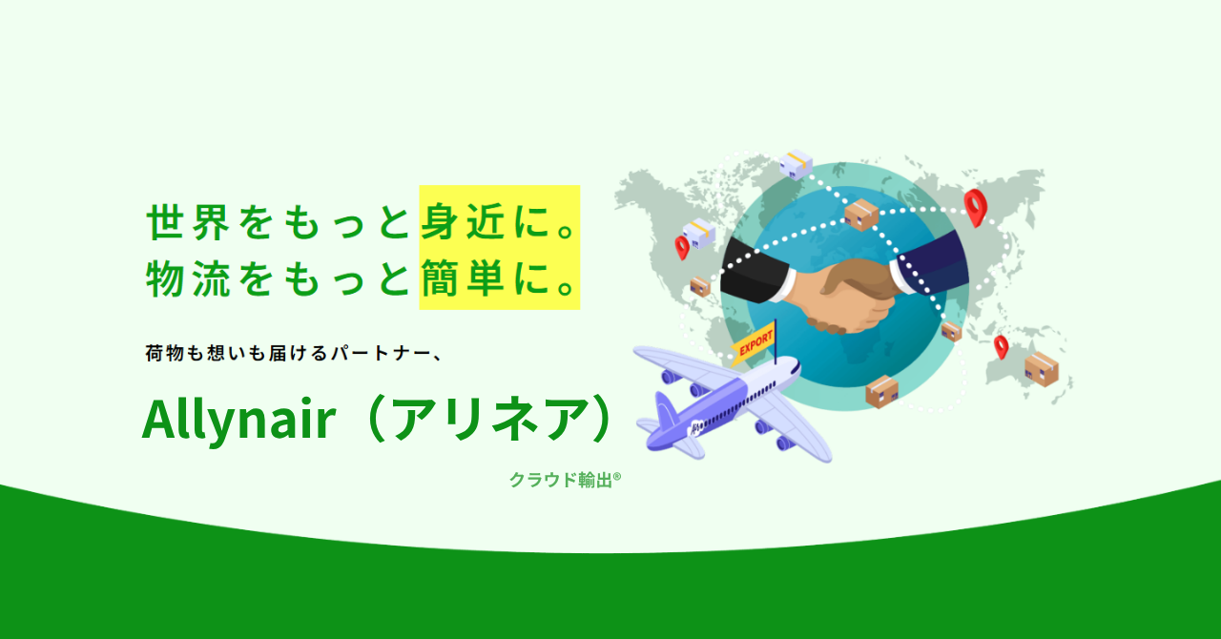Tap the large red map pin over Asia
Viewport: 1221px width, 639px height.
(x=975, y=207)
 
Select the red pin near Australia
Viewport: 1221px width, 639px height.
(x=1001, y=347)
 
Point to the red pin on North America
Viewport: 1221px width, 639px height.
(x=682, y=247)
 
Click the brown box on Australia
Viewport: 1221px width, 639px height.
(x=1041, y=368)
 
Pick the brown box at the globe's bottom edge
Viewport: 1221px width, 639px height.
(x=882, y=391)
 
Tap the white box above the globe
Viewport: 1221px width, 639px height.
(x=796, y=164)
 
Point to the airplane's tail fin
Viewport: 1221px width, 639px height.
(x=665, y=412)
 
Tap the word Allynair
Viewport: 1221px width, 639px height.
(x=238, y=420)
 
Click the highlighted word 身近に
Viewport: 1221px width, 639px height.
(x=498, y=221)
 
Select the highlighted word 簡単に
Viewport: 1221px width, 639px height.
(x=498, y=278)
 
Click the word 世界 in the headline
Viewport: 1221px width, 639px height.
(x=188, y=222)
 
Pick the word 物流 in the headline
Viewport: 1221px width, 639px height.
(x=188, y=278)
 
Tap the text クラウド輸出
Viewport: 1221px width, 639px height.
(x=561, y=480)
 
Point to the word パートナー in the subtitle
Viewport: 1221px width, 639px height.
(x=380, y=353)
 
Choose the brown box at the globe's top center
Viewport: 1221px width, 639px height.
(x=860, y=215)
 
